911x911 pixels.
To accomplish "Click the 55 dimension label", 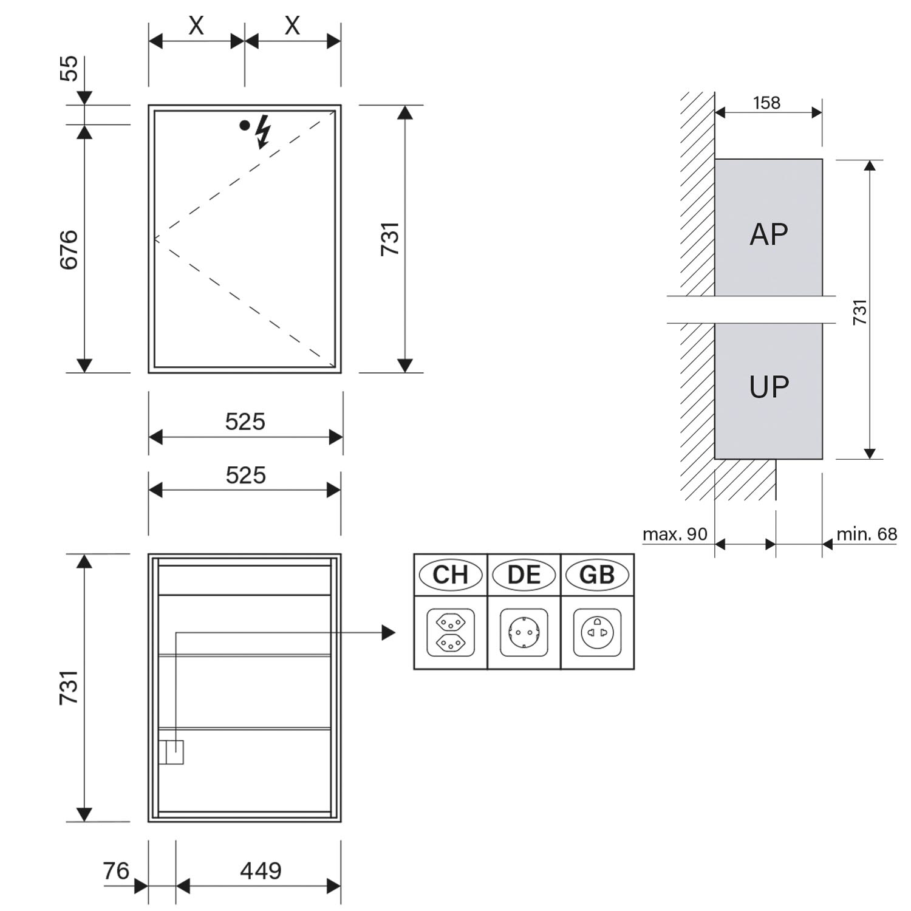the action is click(69, 68).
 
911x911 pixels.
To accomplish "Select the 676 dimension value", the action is click(69, 250).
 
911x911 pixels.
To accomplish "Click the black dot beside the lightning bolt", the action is click(244, 126).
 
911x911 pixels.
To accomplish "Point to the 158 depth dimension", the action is click(766, 103).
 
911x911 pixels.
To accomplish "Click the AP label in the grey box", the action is click(769, 234).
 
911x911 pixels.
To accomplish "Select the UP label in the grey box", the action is click(769, 387).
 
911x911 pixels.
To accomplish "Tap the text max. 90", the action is click(675, 534).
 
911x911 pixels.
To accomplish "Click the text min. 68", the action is click(867, 534).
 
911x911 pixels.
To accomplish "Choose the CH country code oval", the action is click(450, 575).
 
